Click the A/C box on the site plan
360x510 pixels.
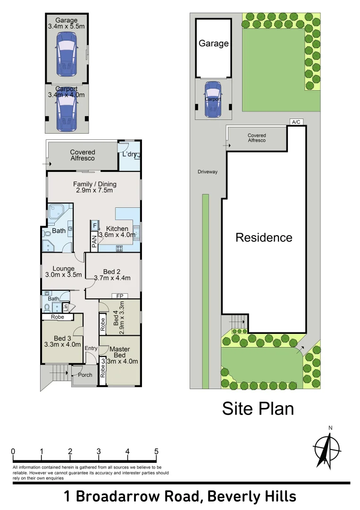point(296,122)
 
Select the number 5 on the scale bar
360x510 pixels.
point(156,451)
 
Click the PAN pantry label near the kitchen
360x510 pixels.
point(94,241)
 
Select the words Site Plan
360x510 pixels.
point(258,409)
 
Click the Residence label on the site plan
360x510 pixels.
point(264,238)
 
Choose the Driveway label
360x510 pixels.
point(208,172)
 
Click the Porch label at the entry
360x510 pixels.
point(85,375)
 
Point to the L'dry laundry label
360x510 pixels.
point(129,154)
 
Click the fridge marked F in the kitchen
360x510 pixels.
point(94,225)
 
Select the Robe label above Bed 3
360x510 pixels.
point(57,317)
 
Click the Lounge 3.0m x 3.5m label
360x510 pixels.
point(63,272)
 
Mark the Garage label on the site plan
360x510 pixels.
point(213,43)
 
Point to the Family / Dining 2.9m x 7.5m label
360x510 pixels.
point(94,187)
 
